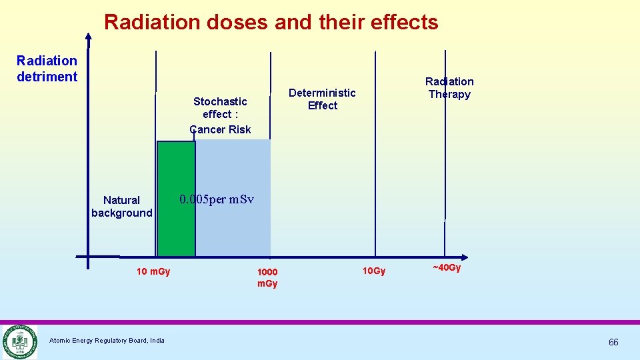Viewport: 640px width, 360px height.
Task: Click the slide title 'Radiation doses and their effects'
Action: (x=271, y=22)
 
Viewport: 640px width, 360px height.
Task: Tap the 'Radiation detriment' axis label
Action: (x=47, y=69)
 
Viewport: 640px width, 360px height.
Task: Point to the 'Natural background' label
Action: (x=121, y=207)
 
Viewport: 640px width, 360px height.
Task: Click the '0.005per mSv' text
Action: (x=217, y=199)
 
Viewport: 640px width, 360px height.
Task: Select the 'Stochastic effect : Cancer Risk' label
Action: (x=220, y=115)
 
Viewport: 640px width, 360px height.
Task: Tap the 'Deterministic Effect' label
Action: (x=322, y=99)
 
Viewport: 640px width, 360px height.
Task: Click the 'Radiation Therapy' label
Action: (x=449, y=88)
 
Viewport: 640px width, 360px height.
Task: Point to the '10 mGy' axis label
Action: (x=153, y=271)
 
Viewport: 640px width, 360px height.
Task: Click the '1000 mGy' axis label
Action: (x=267, y=277)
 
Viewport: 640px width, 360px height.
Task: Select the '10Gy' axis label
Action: (x=373, y=271)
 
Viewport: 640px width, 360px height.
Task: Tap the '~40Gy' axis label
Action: (x=447, y=268)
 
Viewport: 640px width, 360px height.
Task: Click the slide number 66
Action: (x=613, y=342)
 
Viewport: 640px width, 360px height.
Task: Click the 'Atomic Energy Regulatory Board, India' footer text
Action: (x=107, y=341)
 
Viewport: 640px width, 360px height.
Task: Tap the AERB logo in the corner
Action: (x=19, y=341)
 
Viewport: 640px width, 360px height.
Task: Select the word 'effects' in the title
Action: (x=407, y=22)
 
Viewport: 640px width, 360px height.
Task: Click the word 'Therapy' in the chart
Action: (x=449, y=94)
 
